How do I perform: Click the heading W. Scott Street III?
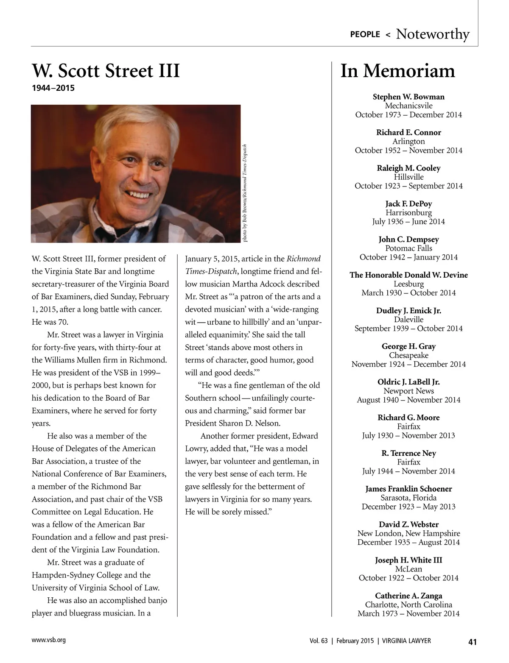click(x=106, y=71)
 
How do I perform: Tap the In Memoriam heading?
click(x=397, y=71)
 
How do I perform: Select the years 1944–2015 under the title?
click(x=53, y=88)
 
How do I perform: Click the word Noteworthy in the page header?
click(x=432, y=34)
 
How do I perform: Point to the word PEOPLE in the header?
click(x=365, y=34)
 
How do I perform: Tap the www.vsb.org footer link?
click(x=48, y=640)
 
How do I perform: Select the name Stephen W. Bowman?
click(x=408, y=97)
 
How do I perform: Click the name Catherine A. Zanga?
click(x=408, y=596)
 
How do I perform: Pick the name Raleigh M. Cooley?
click(x=408, y=168)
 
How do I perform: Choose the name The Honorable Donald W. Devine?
click(x=408, y=275)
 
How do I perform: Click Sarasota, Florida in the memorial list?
click(x=408, y=498)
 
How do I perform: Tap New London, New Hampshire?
click(x=408, y=533)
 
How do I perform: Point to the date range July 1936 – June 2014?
click(x=408, y=221)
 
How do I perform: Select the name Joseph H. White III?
click(x=408, y=560)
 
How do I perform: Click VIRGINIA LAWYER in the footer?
click(x=406, y=641)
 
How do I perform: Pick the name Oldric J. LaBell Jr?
click(x=408, y=382)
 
